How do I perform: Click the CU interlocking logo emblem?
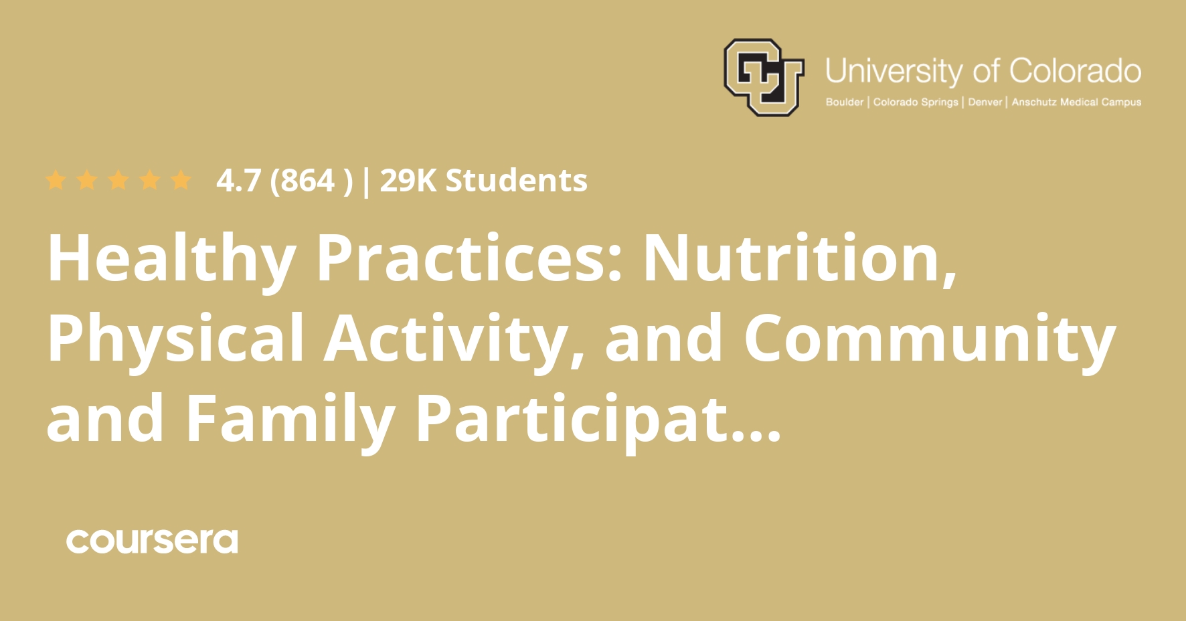(x=763, y=77)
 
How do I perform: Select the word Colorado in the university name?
(x=1075, y=70)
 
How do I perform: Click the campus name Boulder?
(x=844, y=102)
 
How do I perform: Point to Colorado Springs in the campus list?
(x=915, y=102)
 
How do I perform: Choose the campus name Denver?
(x=985, y=102)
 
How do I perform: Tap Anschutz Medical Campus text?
(x=1076, y=102)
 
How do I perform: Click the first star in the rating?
(x=56, y=180)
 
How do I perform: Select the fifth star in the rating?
(x=180, y=180)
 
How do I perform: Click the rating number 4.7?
(x=238, y=181)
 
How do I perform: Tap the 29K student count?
(x=407, y=181)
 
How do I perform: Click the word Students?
(x=516, y=181)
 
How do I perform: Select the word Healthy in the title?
(x=171, y=260)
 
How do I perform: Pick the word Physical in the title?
(x=175, y=340)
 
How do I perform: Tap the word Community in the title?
(x=929, y=340)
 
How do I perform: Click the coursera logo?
(x=152, y=541)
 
